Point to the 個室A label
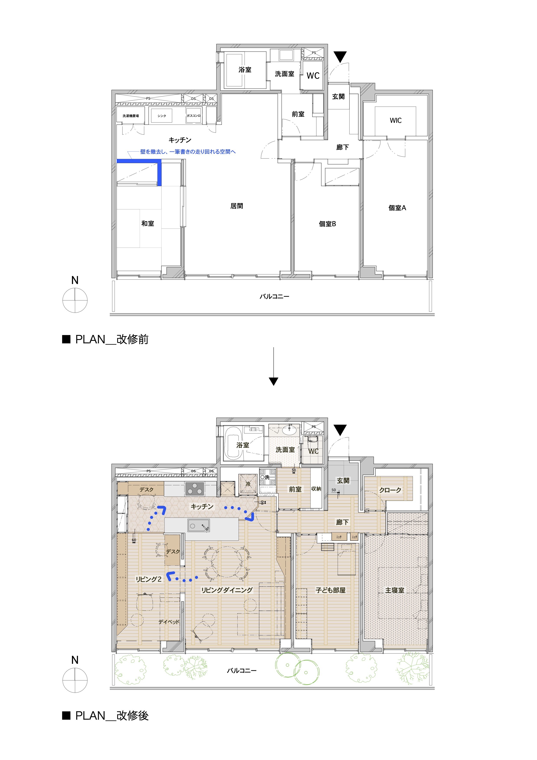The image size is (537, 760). tap(397, 208)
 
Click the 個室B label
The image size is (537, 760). tap(327, 224)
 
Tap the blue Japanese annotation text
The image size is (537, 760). tap(188, 152)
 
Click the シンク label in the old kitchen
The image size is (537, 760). tap(162, 116)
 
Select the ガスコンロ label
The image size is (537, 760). tap(194, 115)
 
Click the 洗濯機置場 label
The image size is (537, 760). tap(130, 116)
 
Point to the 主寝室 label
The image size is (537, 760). tap(394, 590)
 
